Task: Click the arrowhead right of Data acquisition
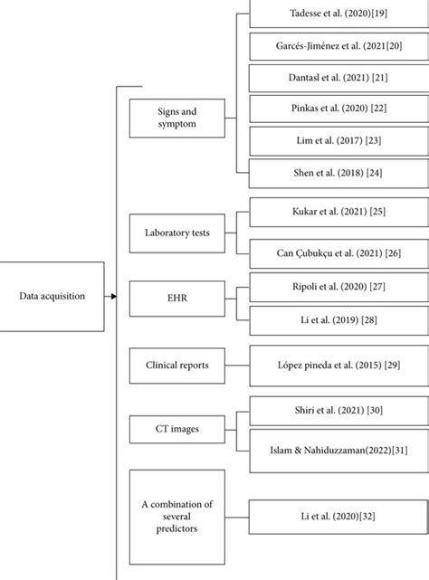click(112, 296)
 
